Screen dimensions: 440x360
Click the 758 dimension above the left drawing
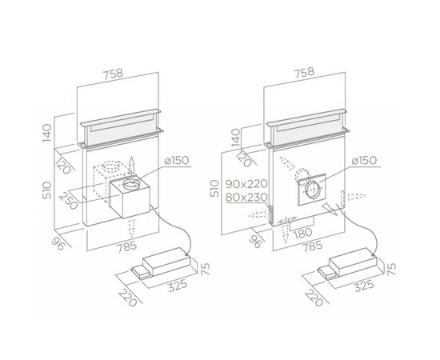113,74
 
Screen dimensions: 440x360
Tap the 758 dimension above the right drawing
304,72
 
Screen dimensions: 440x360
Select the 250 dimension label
68,201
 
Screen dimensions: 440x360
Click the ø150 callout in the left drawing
177,161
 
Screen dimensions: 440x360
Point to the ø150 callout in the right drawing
364,161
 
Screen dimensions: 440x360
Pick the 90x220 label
246,184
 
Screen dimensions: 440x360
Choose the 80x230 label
246,198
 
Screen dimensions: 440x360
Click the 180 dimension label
302,232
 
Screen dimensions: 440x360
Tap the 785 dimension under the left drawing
126,247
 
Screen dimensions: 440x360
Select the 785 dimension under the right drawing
311,246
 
